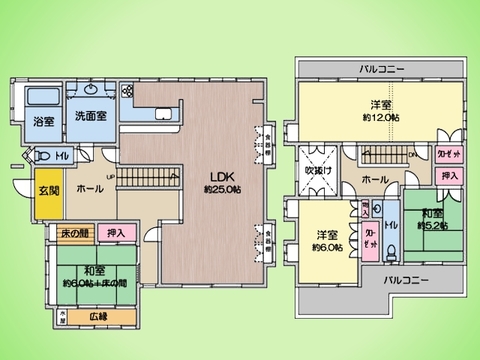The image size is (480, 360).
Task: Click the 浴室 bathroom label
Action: coord(43,121)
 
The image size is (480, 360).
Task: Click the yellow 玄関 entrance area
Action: coord(49,190)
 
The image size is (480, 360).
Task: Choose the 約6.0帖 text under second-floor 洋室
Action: coord(326,247)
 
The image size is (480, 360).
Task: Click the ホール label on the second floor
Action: coord(375,179)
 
